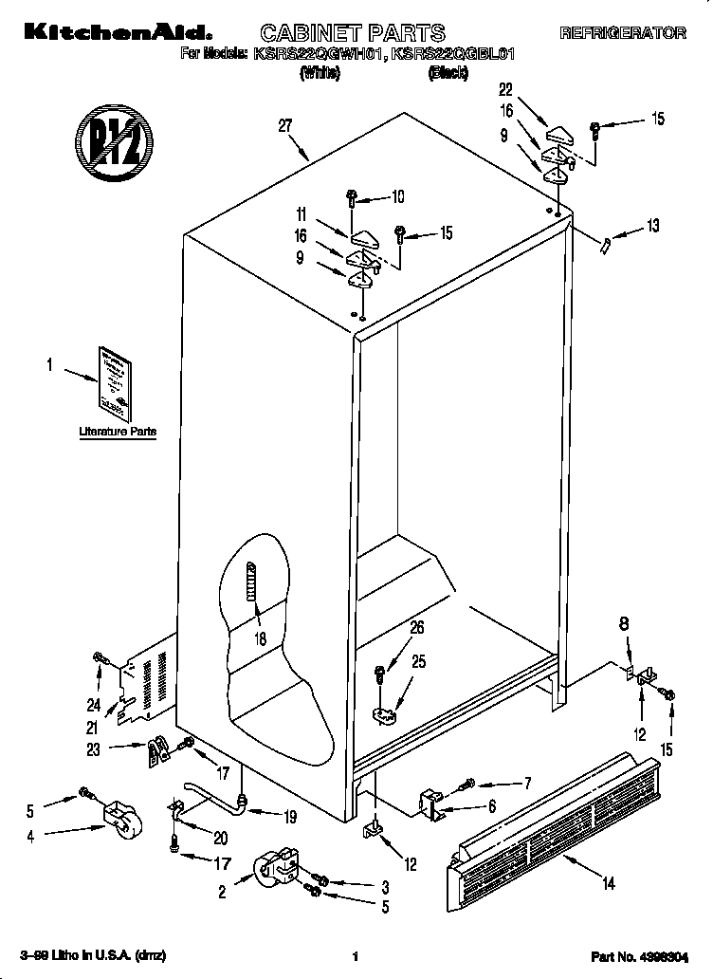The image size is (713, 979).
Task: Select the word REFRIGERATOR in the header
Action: pyautogui.click(x=622, y=33)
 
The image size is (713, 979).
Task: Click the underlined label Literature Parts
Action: pyautogui.click(x=117, y=432)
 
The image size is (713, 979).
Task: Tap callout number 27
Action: pyautogui.click(x=284, y=125)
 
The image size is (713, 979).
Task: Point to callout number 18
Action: pyautogui.click(x=259, y=638)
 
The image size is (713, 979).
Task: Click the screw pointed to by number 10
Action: pyautogui.click(x=351, y=199)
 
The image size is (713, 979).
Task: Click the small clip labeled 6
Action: pyautogui.click(x=432, y=804)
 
